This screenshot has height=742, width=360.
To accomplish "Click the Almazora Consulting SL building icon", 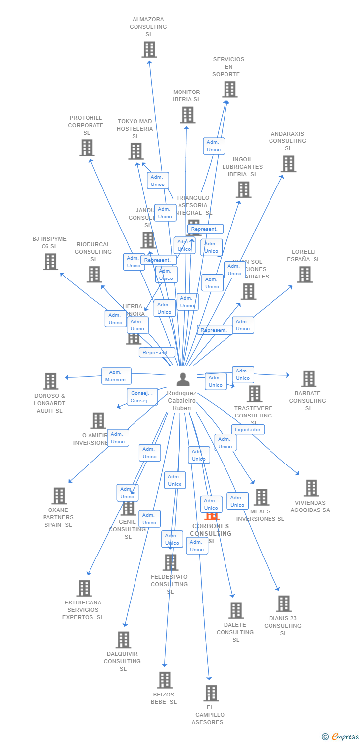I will (149, 49).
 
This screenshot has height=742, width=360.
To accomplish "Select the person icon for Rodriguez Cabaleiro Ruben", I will (183, 379).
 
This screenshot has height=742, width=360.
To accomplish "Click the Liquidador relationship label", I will (248, 429).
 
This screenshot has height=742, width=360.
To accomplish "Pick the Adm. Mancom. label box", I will (117, 376).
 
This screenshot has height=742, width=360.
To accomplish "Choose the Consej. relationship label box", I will (142, 397).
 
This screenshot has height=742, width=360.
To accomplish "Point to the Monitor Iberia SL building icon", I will (187, 115).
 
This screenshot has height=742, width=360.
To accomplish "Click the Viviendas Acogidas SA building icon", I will (311, 488).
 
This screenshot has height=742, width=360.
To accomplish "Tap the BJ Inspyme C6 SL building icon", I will (50, 262).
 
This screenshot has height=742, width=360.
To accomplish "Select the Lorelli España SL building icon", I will (305, 275).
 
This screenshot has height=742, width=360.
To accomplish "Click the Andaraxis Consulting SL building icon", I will (288, 164).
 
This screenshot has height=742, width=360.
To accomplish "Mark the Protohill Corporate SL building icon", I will (87, 148).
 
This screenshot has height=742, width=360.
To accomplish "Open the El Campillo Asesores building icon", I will (211, 693).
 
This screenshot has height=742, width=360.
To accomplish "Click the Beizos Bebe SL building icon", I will (165, 680).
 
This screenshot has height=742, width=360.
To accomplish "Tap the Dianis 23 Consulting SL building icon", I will (284, 603).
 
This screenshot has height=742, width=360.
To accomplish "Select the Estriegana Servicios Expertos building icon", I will (84, 588).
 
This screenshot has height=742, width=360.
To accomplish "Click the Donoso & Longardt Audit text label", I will (50, 403).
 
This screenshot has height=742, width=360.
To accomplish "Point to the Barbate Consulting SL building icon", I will (309, 378).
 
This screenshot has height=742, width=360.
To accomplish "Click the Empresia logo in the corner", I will (341, 737).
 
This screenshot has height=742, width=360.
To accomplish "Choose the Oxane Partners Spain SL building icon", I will (59, 496).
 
